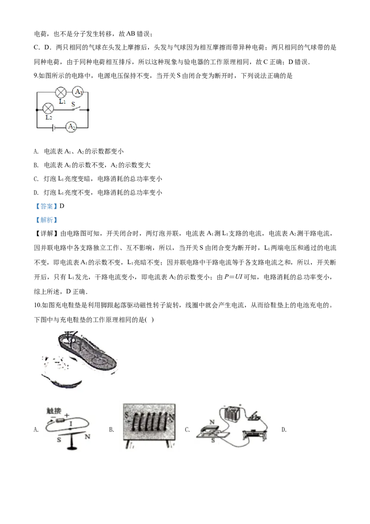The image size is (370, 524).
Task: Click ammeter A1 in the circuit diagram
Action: pyautogui.click(x=78, y=92)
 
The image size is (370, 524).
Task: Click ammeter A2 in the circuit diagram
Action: pyautogui.click(x=71, y=127)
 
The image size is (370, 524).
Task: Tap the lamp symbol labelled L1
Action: pyautogui.click(x=61, y=92)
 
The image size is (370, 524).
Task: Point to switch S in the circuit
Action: pyautogui.click(x=75, y=107)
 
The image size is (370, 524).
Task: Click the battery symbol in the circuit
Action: pyautogui.click(x=53, y=127)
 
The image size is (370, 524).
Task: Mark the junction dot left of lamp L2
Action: pyautogui.click(x=37, y=109)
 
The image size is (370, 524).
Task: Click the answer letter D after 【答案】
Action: pyautogui.click(x=62, y=206)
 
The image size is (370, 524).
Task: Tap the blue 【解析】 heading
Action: pyautogui.click(x=46, y=220)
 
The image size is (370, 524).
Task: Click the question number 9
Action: pyautogui.click(x=36, y=76)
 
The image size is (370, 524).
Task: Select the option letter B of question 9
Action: pyautogui.click(x=36, y=165)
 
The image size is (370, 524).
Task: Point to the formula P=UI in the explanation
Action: pyautogui.click(x=233, y=277)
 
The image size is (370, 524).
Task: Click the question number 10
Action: pyautogui.click(x=37, y=305)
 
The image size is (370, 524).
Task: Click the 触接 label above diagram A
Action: pyautogui.click(x=54, y=411)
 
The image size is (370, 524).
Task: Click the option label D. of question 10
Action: pyautogui.click(x=284, y=430)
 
